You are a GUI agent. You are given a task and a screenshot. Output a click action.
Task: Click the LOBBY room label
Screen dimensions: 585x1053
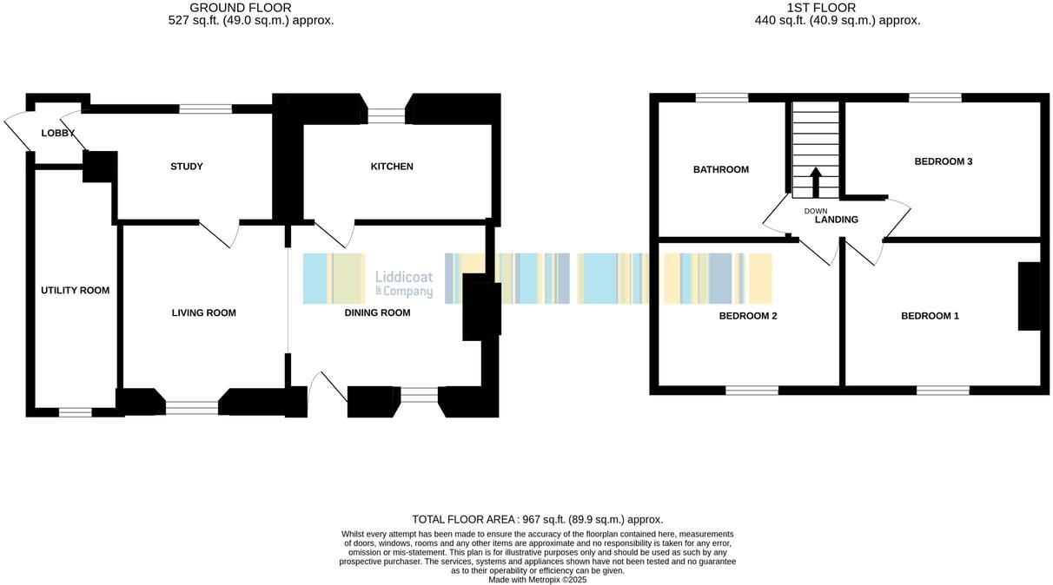coord(57,133)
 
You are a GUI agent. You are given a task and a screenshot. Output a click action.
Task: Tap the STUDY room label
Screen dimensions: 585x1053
coord(187,167)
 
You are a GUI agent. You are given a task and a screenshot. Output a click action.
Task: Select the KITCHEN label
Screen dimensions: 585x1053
coord(393,167)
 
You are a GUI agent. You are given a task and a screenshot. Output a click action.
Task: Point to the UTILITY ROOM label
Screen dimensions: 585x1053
coord(76,290)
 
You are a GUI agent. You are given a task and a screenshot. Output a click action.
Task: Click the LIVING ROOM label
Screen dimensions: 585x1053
coord(204,313)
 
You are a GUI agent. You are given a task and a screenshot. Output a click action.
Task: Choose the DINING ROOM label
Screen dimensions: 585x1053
coord(377,313)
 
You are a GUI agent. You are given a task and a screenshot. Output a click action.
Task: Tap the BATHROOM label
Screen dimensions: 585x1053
coord(720,169)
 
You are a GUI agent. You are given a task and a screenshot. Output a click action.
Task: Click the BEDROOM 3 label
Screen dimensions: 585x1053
coord(943,161)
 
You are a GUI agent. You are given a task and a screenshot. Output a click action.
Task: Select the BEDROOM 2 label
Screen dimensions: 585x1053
coord(748,316)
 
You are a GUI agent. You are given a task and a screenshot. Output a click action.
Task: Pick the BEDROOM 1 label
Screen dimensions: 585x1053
coord(930,316)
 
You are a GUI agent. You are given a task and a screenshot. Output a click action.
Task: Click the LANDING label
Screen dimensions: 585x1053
coord(836,220)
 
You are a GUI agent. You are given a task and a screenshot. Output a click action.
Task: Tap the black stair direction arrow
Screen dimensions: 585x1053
coord(815,182)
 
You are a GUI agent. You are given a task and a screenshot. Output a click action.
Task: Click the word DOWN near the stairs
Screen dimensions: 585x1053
coord(816,211)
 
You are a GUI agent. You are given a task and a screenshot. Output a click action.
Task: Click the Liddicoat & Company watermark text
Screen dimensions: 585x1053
coord(403,283)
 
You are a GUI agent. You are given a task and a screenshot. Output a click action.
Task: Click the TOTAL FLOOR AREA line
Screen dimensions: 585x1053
coord(537,519)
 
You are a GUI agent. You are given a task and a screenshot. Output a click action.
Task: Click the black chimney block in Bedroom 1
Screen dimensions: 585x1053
coord(1029,296)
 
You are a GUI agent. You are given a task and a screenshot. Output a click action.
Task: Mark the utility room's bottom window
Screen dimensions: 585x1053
coord(75,412)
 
